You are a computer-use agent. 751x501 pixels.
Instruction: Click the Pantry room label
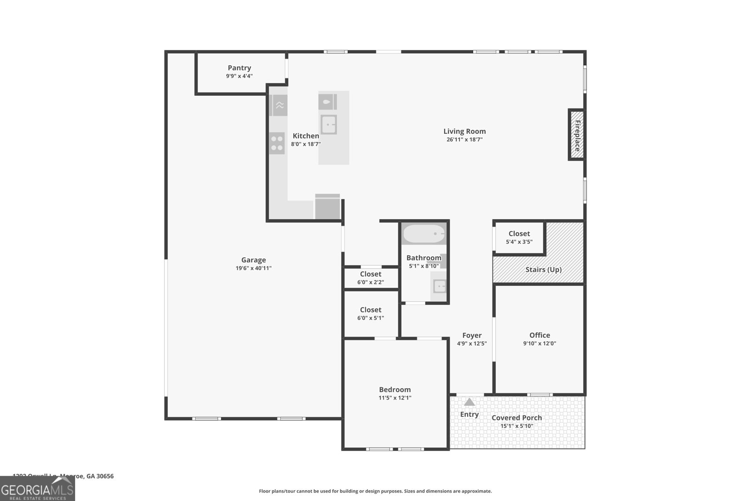coord(239,68)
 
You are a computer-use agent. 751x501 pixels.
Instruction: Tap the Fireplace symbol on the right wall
coord(577,135)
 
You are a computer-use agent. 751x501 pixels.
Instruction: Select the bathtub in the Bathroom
coord(424,233)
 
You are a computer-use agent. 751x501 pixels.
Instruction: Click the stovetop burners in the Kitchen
coord(277,143)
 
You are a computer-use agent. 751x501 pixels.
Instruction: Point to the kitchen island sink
coord(329,125)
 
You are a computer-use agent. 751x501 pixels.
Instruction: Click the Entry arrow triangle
coord(469,402)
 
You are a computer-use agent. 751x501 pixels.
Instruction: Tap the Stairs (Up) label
coord(544,270)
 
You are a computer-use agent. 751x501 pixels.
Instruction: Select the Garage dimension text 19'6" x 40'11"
coord(253,269)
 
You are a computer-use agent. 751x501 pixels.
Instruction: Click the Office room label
coord(539,335)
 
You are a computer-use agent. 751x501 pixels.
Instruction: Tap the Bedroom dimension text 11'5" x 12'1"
coord(395,398)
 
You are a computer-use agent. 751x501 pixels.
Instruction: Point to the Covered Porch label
coord(517,418)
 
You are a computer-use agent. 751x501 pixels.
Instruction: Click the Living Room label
coord(465,131)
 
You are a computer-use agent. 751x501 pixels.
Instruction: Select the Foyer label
coord(472,335)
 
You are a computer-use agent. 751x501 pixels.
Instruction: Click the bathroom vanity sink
coord(439,286)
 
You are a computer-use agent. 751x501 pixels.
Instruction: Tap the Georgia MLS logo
coord(38,489)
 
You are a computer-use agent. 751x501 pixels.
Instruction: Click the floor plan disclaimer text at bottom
coord(375,491)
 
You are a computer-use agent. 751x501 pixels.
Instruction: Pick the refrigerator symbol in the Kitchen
coord(328,207)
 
